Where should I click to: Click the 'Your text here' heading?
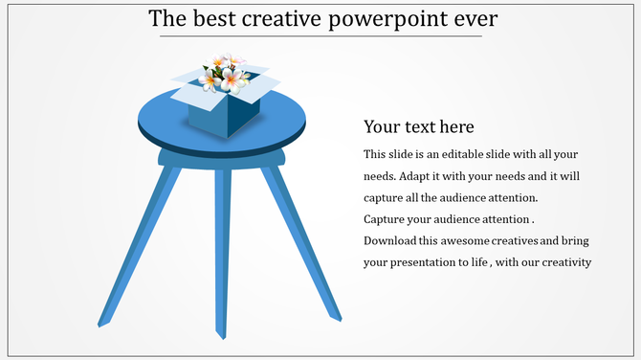click(419, 127)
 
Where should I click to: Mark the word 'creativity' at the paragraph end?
click(565, 262)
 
